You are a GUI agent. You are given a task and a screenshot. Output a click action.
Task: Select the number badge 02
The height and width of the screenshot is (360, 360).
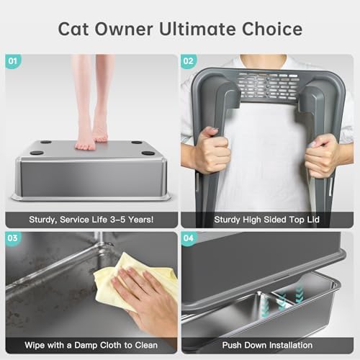pyautogui.click(x=190, y=62)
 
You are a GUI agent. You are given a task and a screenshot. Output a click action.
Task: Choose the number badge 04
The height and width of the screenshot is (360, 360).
pyautogui.click(x=190, y=239)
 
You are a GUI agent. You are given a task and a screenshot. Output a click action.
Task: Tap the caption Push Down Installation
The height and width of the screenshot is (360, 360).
pyautogui.click(x=267, y=345)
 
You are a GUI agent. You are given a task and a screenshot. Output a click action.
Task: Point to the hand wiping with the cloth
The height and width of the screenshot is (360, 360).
pyautogui.click(x=148, y=299)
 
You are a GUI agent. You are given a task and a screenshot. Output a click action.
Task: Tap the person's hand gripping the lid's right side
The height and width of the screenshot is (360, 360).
pyautogui.click(x=321, y=155)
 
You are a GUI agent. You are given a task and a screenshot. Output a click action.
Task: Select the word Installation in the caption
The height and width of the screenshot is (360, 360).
pyautogui.click(x=292, y=345)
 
